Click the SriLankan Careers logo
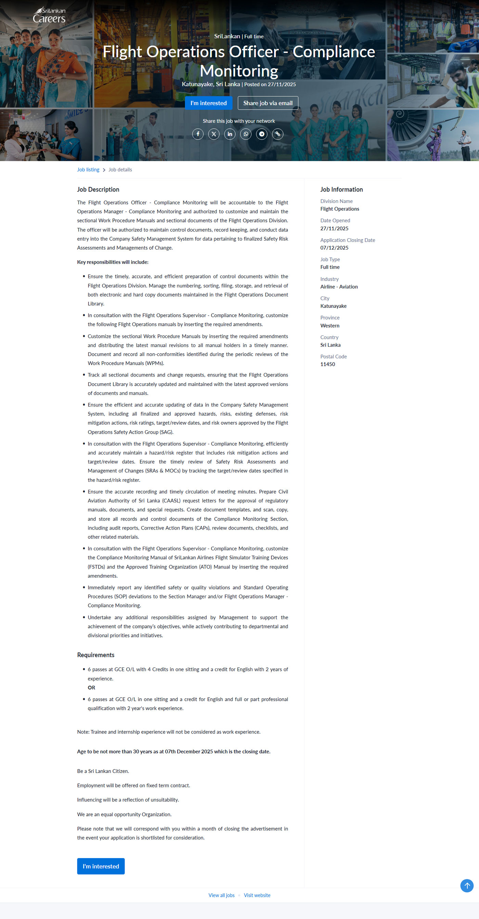[49, 15]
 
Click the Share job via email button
[268, 103]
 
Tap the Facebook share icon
[198, 134]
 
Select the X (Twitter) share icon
[214, 134]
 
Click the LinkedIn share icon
[230, 134]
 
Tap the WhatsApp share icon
[246, 134]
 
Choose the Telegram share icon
[262, 134]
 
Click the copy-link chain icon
[277, 134]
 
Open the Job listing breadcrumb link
[88, 170]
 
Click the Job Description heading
[98, 189]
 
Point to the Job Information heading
[341, 189]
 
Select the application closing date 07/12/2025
[334, 248]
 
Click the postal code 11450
[327, 364]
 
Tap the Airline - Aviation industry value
[339, 287]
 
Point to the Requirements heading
[95, 655]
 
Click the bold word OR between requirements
[91, 688]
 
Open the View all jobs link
[221, 895]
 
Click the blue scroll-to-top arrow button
[467, 885]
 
